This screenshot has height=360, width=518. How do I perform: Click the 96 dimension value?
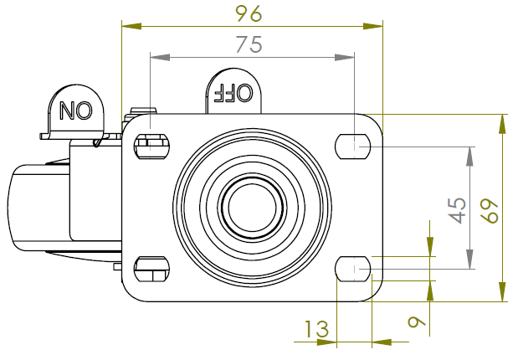click(x=249, y=14)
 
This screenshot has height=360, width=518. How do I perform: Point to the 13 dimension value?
click(x=316, y=330)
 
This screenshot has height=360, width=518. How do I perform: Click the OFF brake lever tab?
click(x=233, y=90)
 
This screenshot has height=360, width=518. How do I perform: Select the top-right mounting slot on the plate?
click(x=353, y=146)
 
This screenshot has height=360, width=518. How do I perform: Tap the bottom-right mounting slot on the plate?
click(x=353, y=269)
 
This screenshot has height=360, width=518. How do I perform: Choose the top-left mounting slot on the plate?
click(x=151, y=145)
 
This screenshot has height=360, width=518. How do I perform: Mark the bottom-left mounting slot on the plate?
click(x=151, y=269)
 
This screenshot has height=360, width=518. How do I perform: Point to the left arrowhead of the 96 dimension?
click(x=131, y=26)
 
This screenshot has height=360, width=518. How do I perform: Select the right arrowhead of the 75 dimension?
click(x=345, y=57)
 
